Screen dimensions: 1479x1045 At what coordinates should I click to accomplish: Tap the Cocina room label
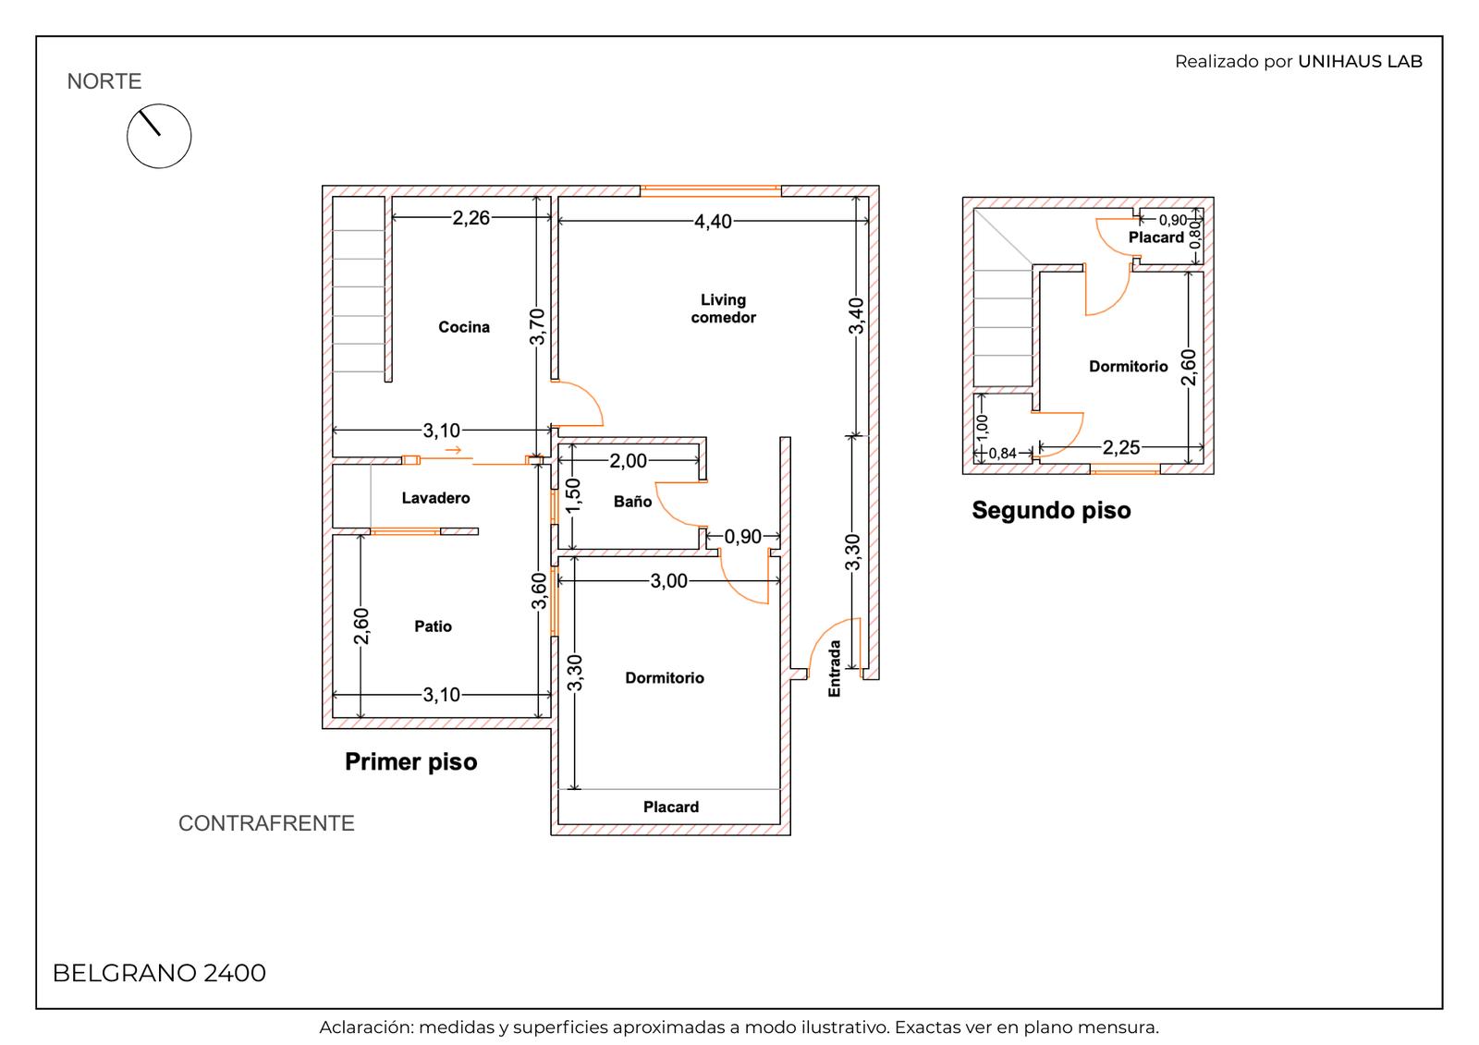[x=464, y=327]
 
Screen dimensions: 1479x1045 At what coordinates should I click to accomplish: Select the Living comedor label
[x=723, y=309]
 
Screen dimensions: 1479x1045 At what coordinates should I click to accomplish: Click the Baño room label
[x=632, y=501]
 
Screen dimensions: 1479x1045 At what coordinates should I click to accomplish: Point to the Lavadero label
[x=435, y=498]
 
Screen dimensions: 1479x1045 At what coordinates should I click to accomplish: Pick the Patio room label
[x=434, y=626]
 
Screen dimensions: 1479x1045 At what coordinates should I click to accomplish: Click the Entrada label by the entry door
[x=835, y=669]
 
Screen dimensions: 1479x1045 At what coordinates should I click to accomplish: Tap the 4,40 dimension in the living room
[x=713, y=221]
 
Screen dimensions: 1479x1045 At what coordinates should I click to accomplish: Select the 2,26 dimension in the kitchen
[x=471, y=217]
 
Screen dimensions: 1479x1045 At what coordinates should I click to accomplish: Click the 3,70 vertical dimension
[x=537, y=326]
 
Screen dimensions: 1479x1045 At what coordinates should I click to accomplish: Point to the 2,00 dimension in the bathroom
[x=628, y=460]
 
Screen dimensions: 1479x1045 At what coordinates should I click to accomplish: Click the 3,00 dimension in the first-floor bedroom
[x=669, y=580]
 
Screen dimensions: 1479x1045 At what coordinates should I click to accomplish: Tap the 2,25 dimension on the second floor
[x=1121, y=447]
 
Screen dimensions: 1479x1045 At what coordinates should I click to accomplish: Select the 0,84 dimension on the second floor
[x=1002, y=454]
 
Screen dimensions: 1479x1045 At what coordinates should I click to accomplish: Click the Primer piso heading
[x=410, y=761]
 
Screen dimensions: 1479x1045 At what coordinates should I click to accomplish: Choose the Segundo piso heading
[x=1051, y=510]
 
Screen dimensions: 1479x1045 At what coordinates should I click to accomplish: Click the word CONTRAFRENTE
[x=266, y=823]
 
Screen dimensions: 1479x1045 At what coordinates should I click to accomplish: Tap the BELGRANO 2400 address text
[x=159, y=972]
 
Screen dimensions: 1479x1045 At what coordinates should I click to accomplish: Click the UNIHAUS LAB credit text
[x=1360, y=61]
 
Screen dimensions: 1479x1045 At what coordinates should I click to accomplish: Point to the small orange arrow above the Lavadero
[x=453, y=450]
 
